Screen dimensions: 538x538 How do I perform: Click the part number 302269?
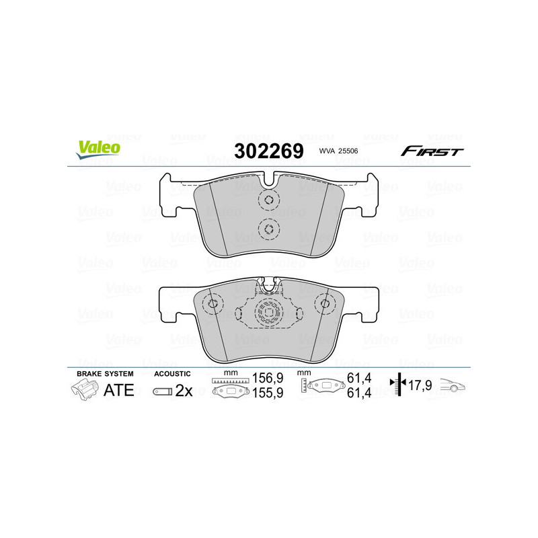point(268,151)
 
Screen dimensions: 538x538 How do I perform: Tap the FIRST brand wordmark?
point(432,151)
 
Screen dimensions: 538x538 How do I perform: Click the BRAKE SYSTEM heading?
point(105,373)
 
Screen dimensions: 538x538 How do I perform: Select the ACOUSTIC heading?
point(173,373)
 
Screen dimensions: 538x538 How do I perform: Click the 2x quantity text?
point(184,391)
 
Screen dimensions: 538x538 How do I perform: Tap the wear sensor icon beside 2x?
point(162,391)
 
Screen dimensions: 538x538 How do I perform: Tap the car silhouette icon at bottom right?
point(453,387)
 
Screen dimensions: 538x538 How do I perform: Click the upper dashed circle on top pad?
point(268,200)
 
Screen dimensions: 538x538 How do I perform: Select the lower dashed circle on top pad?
point(268,229)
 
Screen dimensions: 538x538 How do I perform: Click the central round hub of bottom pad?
point(270,313)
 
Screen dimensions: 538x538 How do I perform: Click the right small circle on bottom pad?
point(325,304)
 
